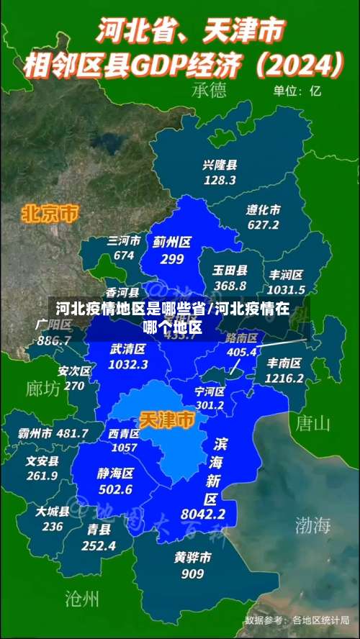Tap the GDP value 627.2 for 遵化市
click(x=263, y=225)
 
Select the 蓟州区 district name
click(x=171, y=243)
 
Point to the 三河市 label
click(x=124, y=241)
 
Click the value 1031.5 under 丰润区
click(x=286, y=289)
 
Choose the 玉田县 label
click(x=230, y=271)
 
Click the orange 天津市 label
click(x=166, y=420)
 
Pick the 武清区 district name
click(x=128, y=349)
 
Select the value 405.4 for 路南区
click(x=242, y=352)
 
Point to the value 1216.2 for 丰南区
click(x=284, y=378)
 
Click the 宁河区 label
click(x=210, y=391)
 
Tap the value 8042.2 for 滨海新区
click(x=203, y=514)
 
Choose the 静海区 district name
click(x=115, y=473)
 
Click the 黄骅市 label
click(x=192, y=558)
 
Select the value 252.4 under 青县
click(x=99, y=545)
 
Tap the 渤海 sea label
click(x=312, y=525)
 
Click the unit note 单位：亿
click(x=297, y=91)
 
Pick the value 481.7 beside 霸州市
click(x=72, y=433)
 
